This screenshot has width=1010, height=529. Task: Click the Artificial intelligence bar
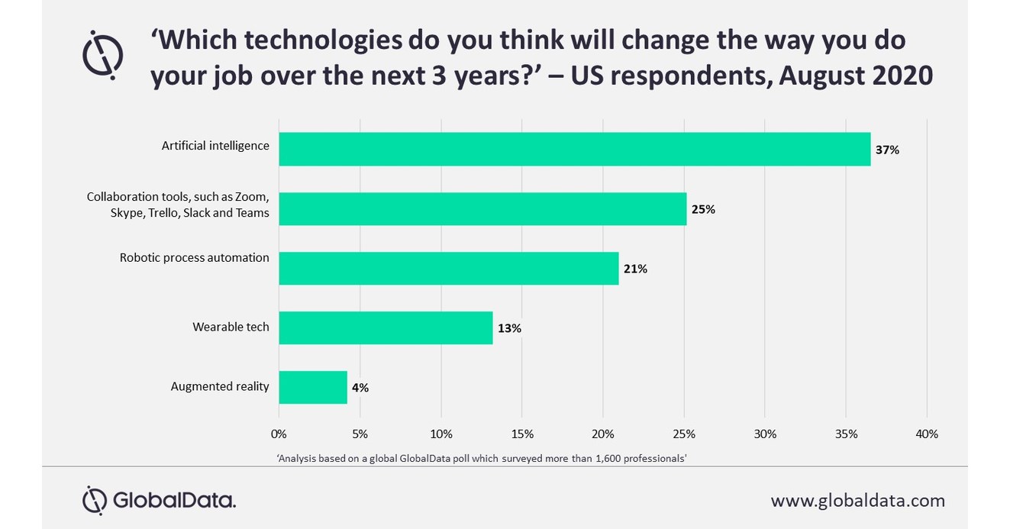click(574, 149)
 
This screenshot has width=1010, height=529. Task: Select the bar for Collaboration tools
click(482, 208)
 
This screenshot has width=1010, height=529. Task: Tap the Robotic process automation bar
click(448, 268)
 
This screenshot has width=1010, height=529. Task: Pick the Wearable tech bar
click(386, 327)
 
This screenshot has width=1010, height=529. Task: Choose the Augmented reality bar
click(313, 387)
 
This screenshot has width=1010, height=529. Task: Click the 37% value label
click(887, 150)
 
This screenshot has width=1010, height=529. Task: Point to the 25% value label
click(702, 209)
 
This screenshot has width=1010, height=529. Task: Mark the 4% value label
click(360, 388)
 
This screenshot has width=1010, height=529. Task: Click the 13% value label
click(508, 328)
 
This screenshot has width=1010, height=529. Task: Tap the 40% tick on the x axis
click(926, 434)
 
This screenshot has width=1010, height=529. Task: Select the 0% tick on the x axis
click(279, 434)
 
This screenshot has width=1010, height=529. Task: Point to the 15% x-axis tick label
click(521, 434)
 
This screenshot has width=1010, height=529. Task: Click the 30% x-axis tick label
click(765, 434)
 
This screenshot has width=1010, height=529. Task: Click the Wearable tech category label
click(231, 327)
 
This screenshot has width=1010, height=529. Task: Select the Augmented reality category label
click(220, 386)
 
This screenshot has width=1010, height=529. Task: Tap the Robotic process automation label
click(194, 257)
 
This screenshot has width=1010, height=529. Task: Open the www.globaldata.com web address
click(857, 501)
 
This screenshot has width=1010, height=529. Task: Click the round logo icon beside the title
click(102, 55)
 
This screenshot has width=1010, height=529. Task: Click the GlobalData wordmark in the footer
click(174, 501)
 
